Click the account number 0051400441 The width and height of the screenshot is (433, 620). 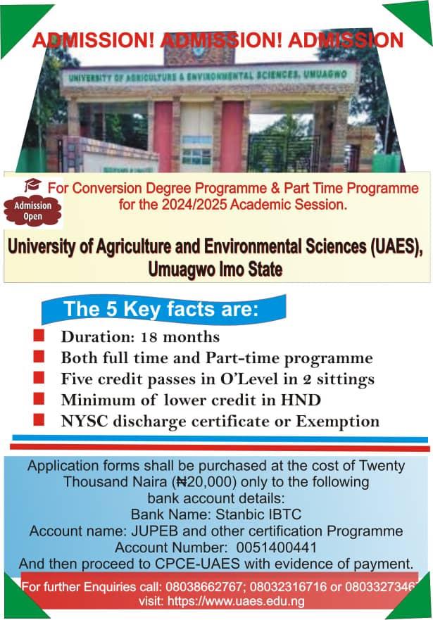[277, 548]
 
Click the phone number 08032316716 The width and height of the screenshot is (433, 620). [288, 586]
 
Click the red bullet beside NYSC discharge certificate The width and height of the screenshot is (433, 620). [39, 420]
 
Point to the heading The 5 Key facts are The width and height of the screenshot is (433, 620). [162, 309]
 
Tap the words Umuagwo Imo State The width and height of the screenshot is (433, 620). [216, 268]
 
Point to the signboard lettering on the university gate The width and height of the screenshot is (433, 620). [209, 74]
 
